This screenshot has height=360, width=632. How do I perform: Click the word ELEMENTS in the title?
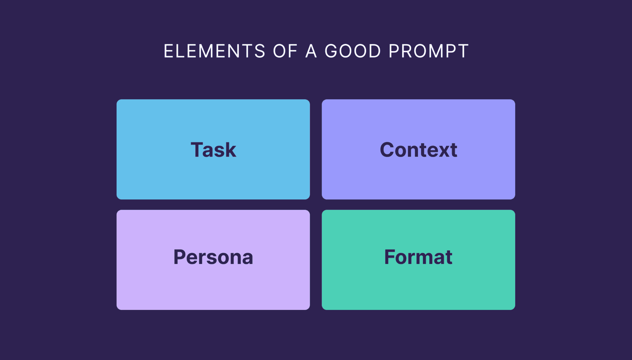point(214,51)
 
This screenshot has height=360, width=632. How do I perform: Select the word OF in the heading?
point(285,51)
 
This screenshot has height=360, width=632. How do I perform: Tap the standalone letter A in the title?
point(311,51)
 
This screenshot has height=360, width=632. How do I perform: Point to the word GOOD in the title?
point(353,51)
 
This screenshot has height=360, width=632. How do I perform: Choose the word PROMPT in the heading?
point(429,51)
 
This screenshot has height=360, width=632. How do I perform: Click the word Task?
point(213,150)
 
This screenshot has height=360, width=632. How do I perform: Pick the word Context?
point(418,150)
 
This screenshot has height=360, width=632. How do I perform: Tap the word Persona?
point(213,257)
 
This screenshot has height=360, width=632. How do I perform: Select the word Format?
point(418,257)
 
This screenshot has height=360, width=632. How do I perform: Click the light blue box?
point(213,149)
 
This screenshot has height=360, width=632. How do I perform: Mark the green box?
point(418,260)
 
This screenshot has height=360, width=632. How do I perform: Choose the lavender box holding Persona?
point(213,260)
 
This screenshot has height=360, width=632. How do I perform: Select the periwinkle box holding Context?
point(418,149)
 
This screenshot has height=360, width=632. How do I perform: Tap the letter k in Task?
point(230,150)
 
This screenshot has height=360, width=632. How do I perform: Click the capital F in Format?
point(390,257)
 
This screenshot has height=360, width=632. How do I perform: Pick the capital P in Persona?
point(180,257)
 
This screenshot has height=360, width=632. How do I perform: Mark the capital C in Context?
point(387,150)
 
